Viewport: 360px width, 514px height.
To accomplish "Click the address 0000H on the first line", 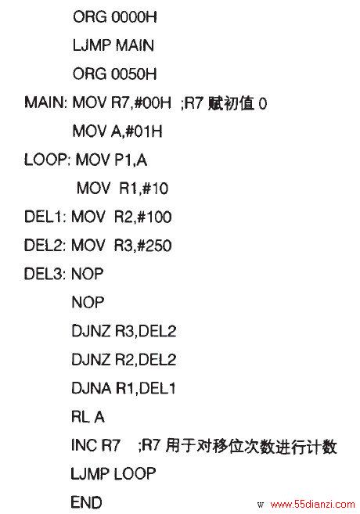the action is (134, 16).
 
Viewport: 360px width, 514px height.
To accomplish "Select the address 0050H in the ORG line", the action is (134, 74).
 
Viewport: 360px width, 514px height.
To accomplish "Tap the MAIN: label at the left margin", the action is (45, 102).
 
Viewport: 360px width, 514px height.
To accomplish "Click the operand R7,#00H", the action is (141, 103).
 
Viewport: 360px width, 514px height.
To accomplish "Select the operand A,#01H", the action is (137, 131).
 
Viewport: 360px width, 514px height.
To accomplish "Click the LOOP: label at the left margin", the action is (47, 160).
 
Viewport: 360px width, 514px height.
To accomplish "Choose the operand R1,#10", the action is (143, 189).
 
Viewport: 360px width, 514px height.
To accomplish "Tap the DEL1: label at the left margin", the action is (45, 217).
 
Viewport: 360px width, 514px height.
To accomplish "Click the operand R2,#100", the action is (142, 217).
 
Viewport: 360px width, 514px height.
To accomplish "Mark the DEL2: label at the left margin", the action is (45, 246).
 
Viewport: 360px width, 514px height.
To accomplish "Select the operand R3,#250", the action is (142, 246).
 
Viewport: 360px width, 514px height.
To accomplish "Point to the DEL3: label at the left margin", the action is (45, 274).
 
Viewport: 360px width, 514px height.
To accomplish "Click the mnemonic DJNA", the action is (91, 388).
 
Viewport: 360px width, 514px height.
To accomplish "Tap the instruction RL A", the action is (88, 417).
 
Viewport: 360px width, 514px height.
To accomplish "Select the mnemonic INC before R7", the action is (85, 445).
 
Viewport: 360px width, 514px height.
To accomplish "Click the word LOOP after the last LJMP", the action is (135, 473).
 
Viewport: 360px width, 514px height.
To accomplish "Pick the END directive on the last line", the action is (86, 502).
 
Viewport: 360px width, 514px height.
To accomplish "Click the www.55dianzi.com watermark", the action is (312, 504).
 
